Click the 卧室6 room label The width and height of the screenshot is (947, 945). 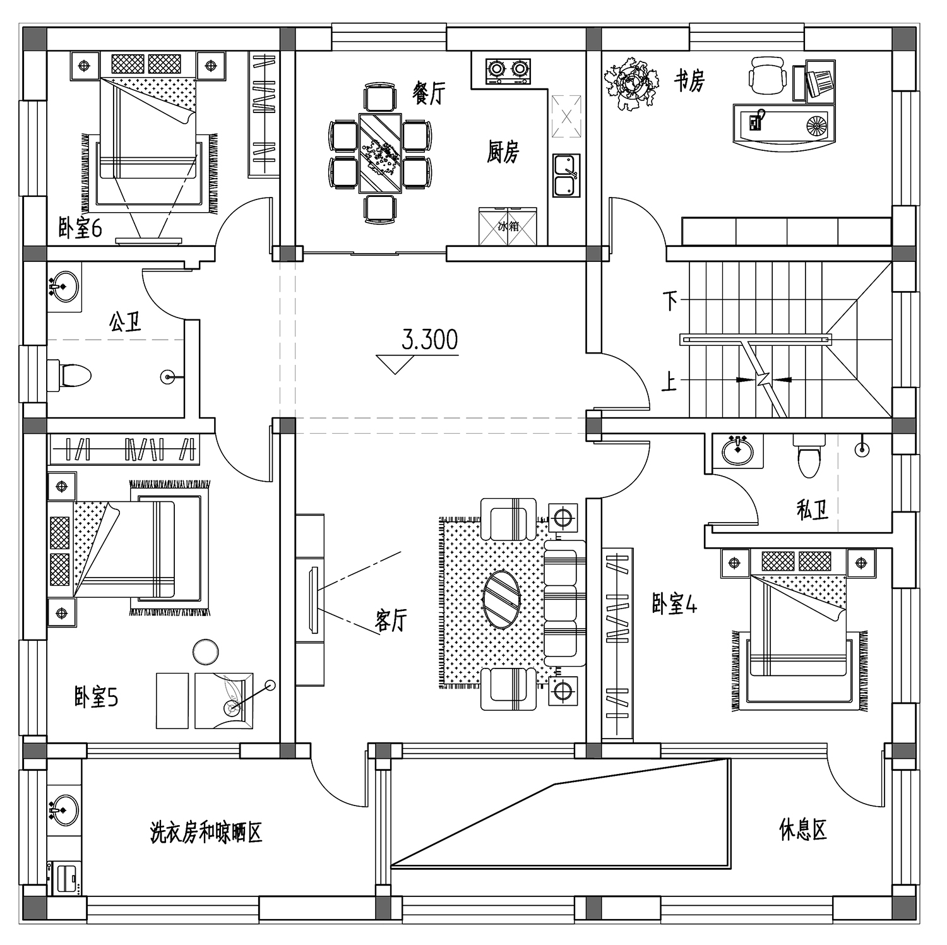[x=80, y=228]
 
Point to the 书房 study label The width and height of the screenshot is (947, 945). [x=689, y=81]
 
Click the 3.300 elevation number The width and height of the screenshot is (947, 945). [x=430, y=340]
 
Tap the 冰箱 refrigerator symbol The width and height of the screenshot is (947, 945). [x=508, y=226]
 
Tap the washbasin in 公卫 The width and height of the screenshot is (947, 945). [x=64, y=288]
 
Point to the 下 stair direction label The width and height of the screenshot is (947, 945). [x=670, y=300]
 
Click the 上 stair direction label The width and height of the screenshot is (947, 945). [x=669, y=381]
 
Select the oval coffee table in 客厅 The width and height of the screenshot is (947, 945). [x=502, y=599]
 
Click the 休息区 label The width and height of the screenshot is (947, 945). [x=803, y=829]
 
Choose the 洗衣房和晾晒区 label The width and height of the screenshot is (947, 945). [x=206, y=833]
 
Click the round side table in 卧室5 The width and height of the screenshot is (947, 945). [x=206, y=651]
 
